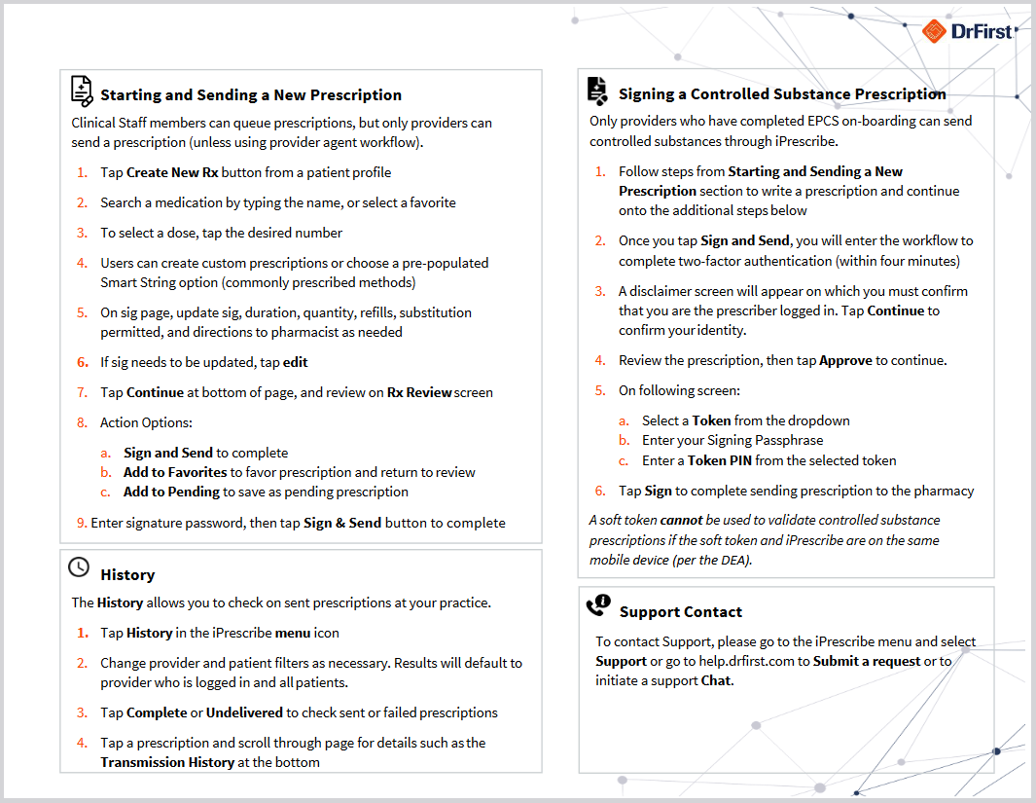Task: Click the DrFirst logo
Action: coord(967,32)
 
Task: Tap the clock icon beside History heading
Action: coord(79,566)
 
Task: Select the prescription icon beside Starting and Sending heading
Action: coord(82,91)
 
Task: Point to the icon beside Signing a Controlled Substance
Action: coord(597,91)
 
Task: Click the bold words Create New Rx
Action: coord(171,172)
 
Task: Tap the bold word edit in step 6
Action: coord(296,362)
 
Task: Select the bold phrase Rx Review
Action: coord(418,392)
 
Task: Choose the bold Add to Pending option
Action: coord(171,492)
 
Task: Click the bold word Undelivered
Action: coord(243,712)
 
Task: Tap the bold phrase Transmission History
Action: coord(167,762)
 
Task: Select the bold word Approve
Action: coord(845,360)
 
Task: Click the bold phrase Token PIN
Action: coord(720,460)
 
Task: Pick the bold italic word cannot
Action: coord(681,520)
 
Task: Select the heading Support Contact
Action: coord(680,611)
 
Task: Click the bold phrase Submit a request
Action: coord(867,661)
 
